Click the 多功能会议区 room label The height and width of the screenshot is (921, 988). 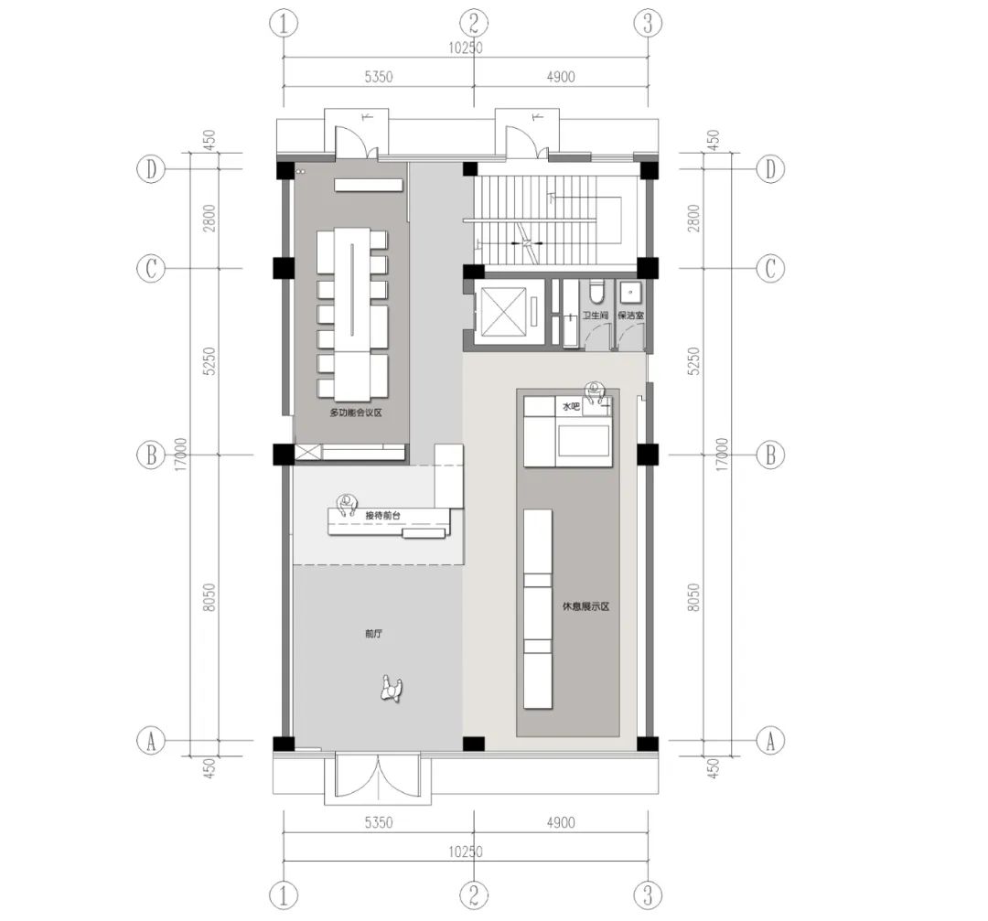[x=355, y=413]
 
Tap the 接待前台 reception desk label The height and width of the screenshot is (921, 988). [x=382, y=516]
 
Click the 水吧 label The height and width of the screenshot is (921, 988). [x=570, y=405]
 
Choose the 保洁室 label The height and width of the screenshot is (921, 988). [x=631, y=316]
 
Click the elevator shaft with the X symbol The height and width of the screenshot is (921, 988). [x=504, y=312]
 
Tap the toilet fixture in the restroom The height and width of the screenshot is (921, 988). [x=596, y=291]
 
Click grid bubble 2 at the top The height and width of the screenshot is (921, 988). [x=473, y=23]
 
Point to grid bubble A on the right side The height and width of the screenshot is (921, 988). [x=770, y=740]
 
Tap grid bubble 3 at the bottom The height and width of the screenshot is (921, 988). [x=648, y=892]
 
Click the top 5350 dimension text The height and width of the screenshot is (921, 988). [x=377, y=78]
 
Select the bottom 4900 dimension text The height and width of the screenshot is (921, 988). [x=560, y=823]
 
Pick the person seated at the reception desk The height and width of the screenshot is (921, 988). [x=347, y=506]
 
